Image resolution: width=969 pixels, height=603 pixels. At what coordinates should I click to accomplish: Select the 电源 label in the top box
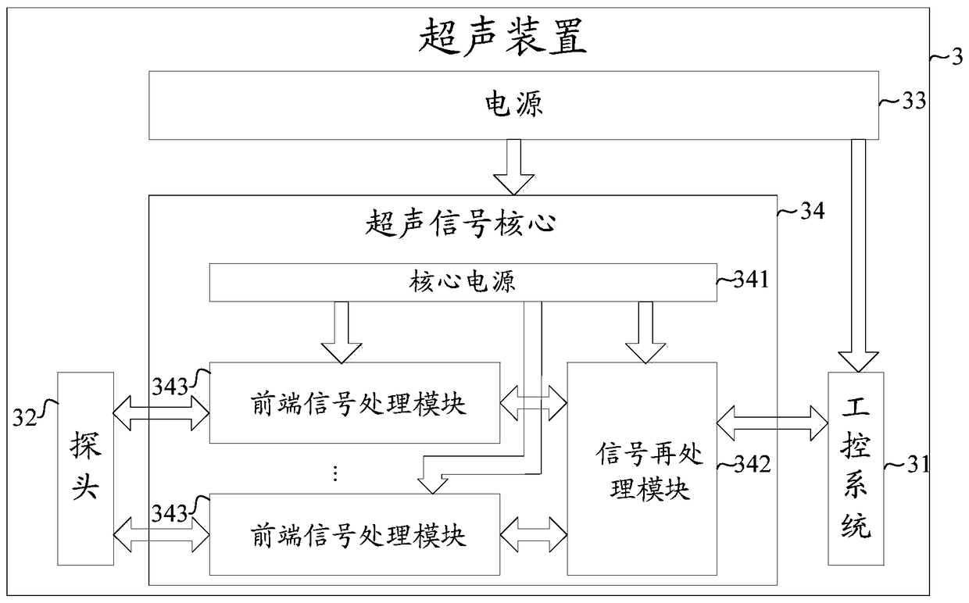(x=513, y=104)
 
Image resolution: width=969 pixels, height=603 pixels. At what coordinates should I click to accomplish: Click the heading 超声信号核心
(x=460, y=223)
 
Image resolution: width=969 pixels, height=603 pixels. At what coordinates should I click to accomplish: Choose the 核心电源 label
(x=462, y=281)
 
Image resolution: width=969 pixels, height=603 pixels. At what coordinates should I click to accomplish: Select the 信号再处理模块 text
(x=649, y=472)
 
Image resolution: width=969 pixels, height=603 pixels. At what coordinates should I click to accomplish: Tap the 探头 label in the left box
(x=86, y=467)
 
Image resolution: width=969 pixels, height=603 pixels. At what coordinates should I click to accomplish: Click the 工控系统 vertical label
(x=856, y=469)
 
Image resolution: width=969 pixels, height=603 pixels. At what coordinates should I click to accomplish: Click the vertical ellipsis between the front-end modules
(x=334, y=473)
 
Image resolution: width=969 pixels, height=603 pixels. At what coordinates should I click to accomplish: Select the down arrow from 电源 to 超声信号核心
(x=514, y=167)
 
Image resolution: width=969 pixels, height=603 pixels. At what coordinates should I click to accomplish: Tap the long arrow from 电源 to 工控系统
(x=858, y=255)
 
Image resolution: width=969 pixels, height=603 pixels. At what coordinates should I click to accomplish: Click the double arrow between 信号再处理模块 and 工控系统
(x=772, y=423)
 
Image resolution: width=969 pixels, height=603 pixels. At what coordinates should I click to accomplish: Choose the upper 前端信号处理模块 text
(x=358, y=405)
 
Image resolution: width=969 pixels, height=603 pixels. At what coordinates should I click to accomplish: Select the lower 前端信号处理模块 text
(x=358, y=535)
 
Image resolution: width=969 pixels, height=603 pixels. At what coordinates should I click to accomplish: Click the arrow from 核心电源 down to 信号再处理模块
(x=645, y=332)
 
